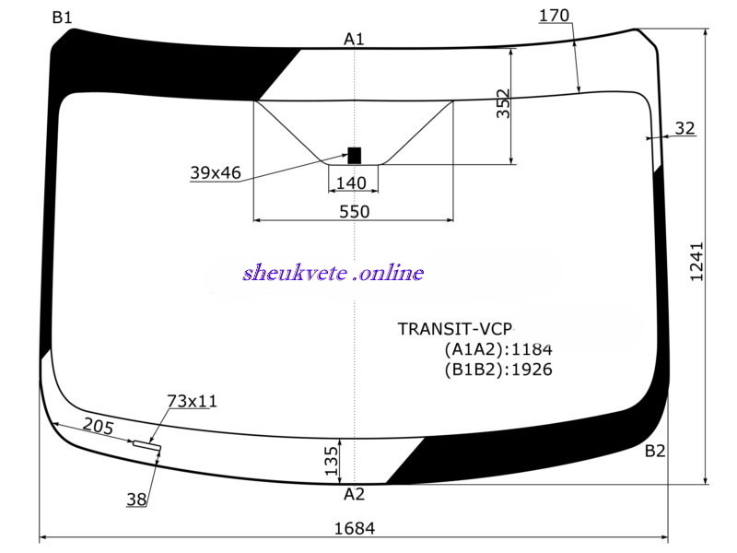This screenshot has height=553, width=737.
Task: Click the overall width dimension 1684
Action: pyautogui.click(x=355, y=528)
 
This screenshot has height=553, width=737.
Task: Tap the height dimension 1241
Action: pyautogui.click(x=696, y=262)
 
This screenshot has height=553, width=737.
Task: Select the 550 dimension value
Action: pyautogui.click(x=355, y=212)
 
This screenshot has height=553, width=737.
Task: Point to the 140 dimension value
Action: pyautogui.click(x=352, y=182)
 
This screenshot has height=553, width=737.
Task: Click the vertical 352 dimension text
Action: pyautogui.click(x=503, y=103)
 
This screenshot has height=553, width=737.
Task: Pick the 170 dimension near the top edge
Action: pyautogui.click(x=554, y=16)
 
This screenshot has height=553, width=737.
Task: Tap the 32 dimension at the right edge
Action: pyautogui.click(x=684, y=128)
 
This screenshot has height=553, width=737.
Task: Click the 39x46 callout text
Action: pyautogui.click(x=216, y=172)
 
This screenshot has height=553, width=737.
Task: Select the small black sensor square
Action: pyautogui.click(x=355, y=156)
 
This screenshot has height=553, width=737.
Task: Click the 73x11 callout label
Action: pyautogui.click(x=193, y=401)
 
